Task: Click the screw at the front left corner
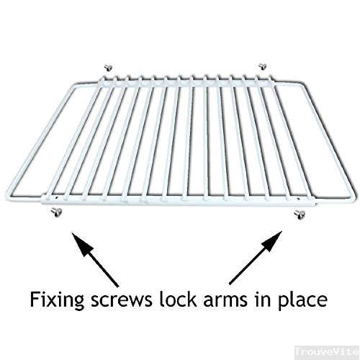click(57, 212)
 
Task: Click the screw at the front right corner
click(300, 214)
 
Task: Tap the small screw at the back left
click(108, 68)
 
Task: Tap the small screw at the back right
click(263, 66)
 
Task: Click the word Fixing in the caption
click(57, 300)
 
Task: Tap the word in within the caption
click(262, 300)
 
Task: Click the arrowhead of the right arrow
click(272, 241)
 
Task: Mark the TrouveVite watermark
click(327, 352)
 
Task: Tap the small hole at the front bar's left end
click(56, 197)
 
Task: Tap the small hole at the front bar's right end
click(298, 198)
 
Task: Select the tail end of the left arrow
click(118, 286)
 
